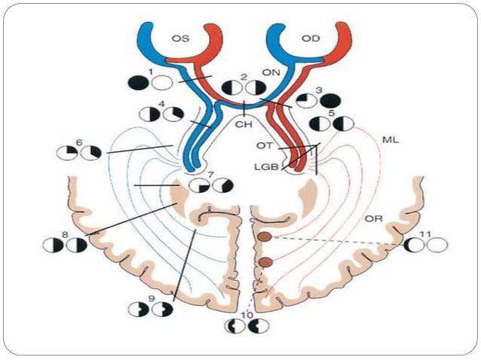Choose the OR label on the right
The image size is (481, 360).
372,219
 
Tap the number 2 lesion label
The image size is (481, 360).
244,78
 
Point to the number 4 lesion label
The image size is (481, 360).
162,105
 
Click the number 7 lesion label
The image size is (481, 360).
211,175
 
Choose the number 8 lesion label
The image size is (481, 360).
65,235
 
